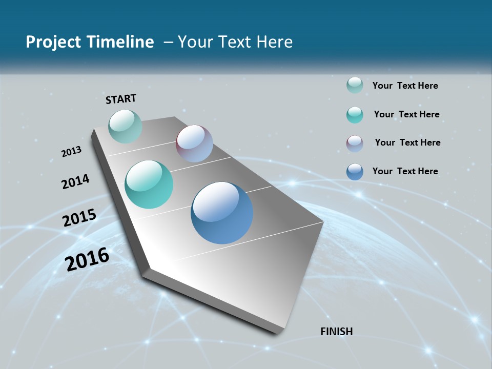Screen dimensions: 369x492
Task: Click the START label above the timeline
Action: tap(121, 99)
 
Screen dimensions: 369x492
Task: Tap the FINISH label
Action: tap(336, 332)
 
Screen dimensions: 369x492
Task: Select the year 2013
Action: tap(72, 152)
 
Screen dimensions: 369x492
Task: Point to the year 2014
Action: tap(75, 181)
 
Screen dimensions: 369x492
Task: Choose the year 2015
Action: tap(79, 218)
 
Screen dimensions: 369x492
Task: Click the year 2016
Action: tap(87, 259)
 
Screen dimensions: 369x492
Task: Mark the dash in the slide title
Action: tap(168, 42)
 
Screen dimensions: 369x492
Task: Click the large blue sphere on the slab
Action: tap(222, 213)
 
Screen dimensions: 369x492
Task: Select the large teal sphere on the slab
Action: tap(149, 184)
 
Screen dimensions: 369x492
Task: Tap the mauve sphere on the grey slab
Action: tap(194, 143)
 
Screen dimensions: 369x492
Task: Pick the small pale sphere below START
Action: tap(125, 126)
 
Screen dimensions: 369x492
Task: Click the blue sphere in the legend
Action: tap(355, 172)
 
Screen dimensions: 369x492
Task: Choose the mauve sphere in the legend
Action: tap(355, 143)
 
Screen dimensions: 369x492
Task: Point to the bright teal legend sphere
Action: tap(355, 115)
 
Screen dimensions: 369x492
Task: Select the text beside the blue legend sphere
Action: tap(405, 171)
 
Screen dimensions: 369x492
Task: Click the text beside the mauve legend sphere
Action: tap(407, 142)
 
